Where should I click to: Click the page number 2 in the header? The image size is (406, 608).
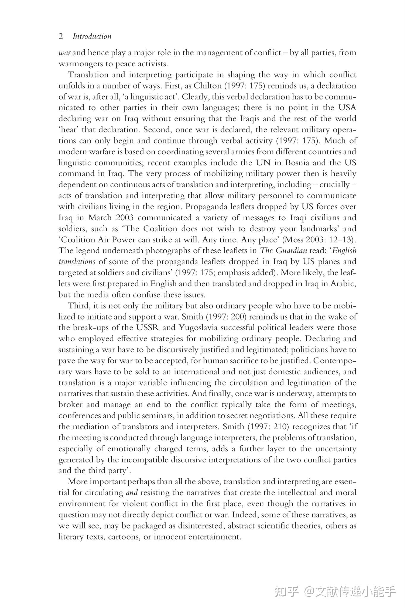coord(61,37)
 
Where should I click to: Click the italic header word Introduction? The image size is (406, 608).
coord(92,37)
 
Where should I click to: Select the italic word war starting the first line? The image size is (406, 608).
coord(64,53)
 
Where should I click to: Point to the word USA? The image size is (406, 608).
coord(347,108)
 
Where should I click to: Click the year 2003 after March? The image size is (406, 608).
coord(125,218)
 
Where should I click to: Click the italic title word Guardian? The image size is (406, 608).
coord(291,251)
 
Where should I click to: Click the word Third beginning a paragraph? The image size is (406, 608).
coord(78,306)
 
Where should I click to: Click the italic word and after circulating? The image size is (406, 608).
coord(132,493)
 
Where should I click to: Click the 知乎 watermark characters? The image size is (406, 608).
coord(287,591)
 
